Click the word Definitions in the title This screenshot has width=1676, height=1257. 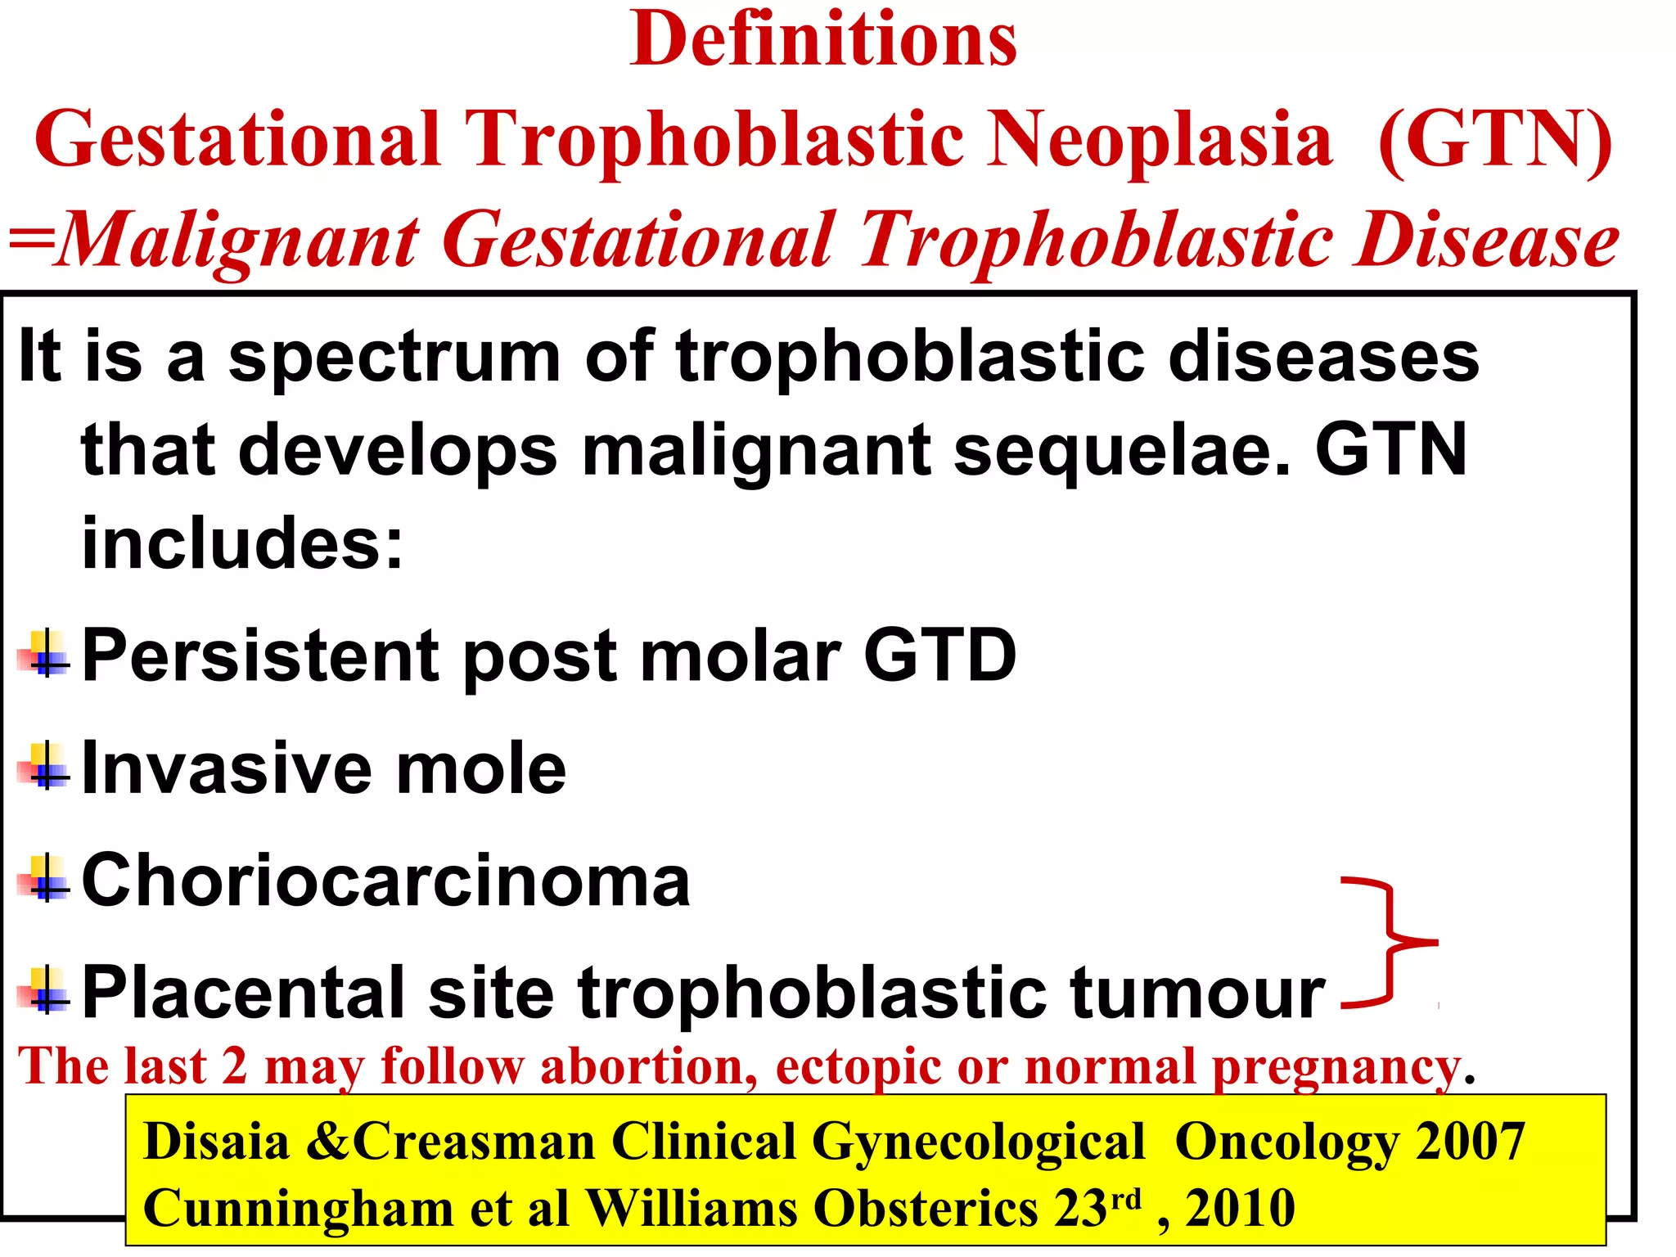tap(823, 41)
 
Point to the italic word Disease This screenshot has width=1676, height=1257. tap(1485, 241)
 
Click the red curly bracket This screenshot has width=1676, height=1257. tap(1391, 942)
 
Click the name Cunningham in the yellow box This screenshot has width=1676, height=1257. tap(298, 1209)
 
